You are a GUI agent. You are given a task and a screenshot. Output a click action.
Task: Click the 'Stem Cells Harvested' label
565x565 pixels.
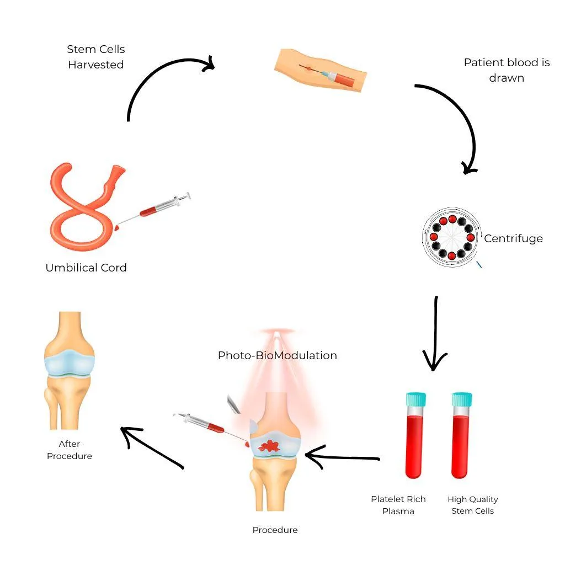pos(95,57)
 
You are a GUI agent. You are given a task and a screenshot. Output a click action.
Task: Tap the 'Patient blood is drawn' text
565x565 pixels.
pos(507,70)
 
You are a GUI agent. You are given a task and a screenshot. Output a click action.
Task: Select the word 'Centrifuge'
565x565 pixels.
pos(513,239)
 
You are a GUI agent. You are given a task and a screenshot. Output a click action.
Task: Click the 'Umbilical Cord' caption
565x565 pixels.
pos(86,268)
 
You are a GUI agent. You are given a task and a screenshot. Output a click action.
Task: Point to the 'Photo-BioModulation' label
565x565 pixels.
pos(277,355)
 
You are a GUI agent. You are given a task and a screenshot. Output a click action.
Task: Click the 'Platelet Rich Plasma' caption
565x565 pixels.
pos(398,505)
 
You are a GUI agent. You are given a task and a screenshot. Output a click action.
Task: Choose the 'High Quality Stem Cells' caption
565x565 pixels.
pos(473,505)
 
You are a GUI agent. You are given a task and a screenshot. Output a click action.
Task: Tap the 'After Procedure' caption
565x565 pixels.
pos(70,450)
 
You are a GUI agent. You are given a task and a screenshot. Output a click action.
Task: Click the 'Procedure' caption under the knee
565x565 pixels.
pos(275,530)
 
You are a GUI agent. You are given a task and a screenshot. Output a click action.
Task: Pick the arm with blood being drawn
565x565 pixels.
pos(320,70)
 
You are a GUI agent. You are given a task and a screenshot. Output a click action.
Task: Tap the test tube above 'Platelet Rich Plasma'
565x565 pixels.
pos(415,436)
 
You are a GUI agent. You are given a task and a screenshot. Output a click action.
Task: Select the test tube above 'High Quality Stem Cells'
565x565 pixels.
pos(461,436)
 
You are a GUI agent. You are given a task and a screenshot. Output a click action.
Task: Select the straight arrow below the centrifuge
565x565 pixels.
pos(435,334)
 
